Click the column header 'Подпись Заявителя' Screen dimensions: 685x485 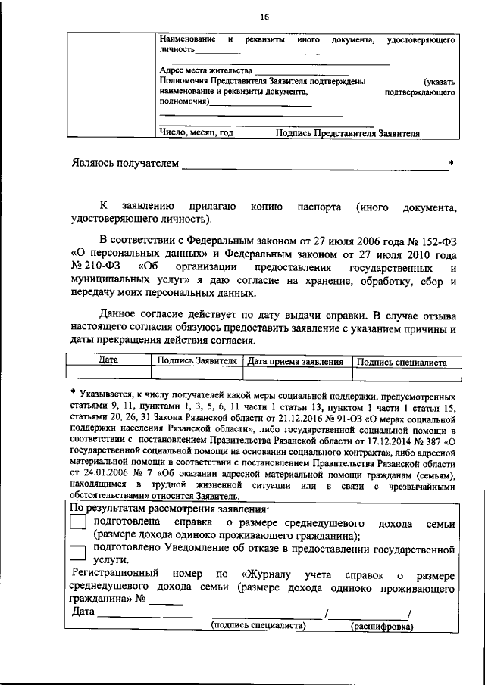[197, 362]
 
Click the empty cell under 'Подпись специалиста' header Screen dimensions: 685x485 [406, 373]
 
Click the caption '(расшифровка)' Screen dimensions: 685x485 [382, 626]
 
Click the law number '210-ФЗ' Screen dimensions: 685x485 [99, 266]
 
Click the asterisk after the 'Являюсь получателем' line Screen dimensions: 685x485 [452, 163]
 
